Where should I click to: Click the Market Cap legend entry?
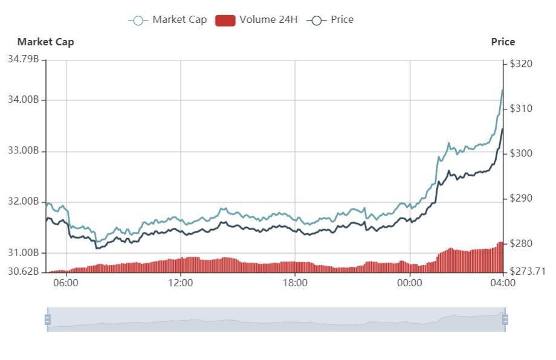[167, 20]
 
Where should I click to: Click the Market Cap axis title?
[46, 42]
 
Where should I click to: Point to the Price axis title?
[503, 42]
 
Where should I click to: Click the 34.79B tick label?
[24, 59]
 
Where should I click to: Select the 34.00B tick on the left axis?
[24, 100]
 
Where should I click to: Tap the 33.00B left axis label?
[24, 150]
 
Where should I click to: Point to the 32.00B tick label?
[24, 201]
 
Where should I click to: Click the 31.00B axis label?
[24, 252]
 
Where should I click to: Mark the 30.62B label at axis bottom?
[24, 271]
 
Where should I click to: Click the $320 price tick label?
[521, 63]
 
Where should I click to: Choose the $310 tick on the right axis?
[521, 109]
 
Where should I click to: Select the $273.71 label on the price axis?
[528, 271]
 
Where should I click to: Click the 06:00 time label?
[66, 283]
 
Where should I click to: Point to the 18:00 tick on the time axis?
[295, 283]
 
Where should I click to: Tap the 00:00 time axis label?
[409, 283]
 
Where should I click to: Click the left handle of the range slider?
[47, 320]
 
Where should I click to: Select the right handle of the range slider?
[505, 320]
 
